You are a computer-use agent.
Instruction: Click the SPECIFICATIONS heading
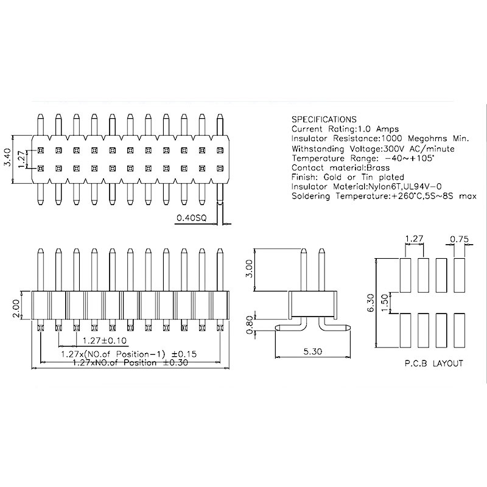pos(324,119)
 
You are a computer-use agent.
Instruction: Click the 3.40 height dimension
pos(7,159)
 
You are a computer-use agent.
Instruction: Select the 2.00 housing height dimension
pos(16,307)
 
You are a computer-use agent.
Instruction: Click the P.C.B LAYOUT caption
pos(433,363)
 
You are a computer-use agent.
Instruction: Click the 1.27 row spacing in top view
pos(21,159)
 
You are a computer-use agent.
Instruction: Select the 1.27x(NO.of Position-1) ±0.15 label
pos(128,353)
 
